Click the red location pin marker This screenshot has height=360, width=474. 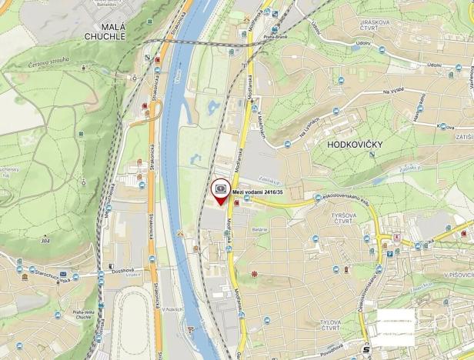222,192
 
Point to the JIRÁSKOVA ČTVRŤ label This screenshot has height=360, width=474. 369,26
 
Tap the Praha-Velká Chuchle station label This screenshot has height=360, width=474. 83,315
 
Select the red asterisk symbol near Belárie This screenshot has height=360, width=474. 255,274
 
